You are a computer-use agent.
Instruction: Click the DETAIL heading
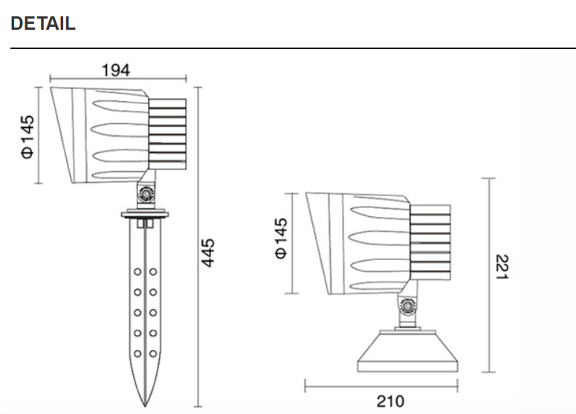point(43,23)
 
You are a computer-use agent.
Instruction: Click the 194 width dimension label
point(115,70)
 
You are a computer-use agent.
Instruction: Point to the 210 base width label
point(390,401)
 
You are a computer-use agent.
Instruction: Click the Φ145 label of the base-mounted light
point(282,239)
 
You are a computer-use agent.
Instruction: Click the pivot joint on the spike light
point(146,194)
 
